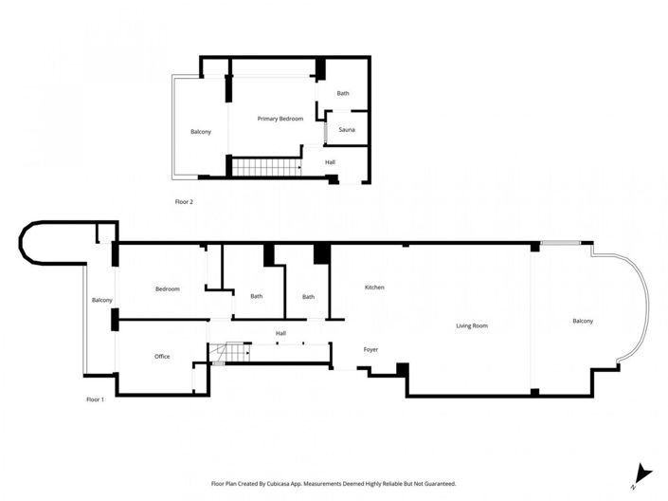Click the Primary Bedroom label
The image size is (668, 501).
pos(280,119)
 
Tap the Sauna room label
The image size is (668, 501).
pos(346,129)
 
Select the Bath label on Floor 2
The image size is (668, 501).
pos(343,93)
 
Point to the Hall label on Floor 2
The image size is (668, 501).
pos(330,162)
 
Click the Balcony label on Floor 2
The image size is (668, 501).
pos(200,131)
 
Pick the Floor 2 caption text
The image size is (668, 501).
pos(184,202)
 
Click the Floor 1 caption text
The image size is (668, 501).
pos(95,399)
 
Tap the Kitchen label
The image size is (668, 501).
pos(374,288)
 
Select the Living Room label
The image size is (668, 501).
pos(471,326)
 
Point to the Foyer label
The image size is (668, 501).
pos(370,349)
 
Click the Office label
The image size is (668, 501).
pos(162,356)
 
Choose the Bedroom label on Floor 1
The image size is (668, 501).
pos(168,288)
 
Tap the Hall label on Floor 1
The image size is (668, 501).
pos(280,333)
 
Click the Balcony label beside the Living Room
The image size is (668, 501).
pos(582,321)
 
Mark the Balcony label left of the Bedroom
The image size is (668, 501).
pos(101,300)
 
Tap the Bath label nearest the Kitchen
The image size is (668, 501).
pos(308,297)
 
